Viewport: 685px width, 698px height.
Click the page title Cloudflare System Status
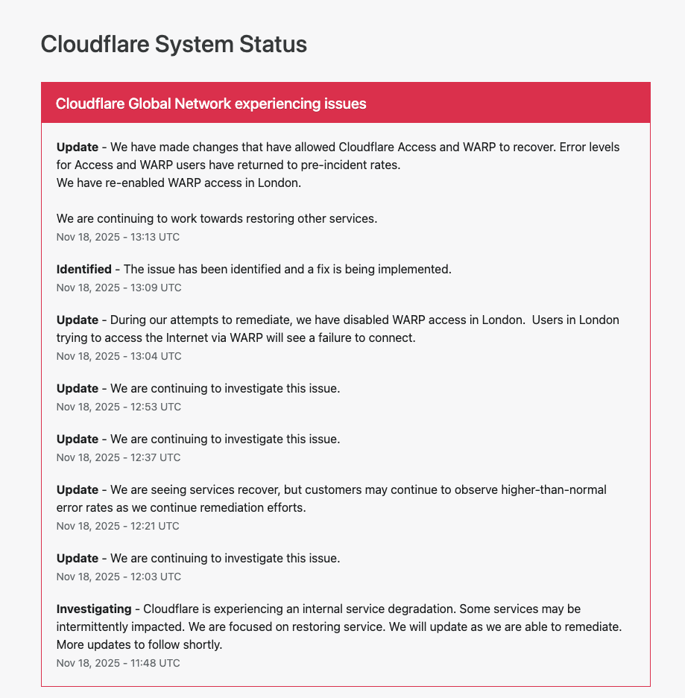[173, 44]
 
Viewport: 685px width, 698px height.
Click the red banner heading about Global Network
[211, 104]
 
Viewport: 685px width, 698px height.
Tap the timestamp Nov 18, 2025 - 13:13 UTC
[118, 237]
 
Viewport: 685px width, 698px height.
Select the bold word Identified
[83, 269]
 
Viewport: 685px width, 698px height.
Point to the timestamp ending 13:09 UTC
[119, 288]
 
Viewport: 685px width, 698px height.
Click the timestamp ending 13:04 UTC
[119, 356]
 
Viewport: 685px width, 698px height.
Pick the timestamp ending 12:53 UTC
[119, 407]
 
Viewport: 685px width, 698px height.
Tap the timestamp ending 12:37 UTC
[119, 457]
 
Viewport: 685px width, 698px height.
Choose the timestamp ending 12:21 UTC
[118, 526]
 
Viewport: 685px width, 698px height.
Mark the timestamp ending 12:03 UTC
[119, 577]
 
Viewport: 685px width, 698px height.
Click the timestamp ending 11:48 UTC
[118, 663]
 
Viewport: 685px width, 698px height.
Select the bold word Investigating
[93, 609]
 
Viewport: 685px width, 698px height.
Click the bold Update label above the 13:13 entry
[77, 147]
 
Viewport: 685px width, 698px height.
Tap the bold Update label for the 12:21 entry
[77, 489]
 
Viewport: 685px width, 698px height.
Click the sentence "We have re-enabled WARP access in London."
[179, 183]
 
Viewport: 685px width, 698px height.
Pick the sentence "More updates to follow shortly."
[139, 644]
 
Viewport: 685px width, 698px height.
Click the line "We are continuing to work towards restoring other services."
[217, 218]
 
